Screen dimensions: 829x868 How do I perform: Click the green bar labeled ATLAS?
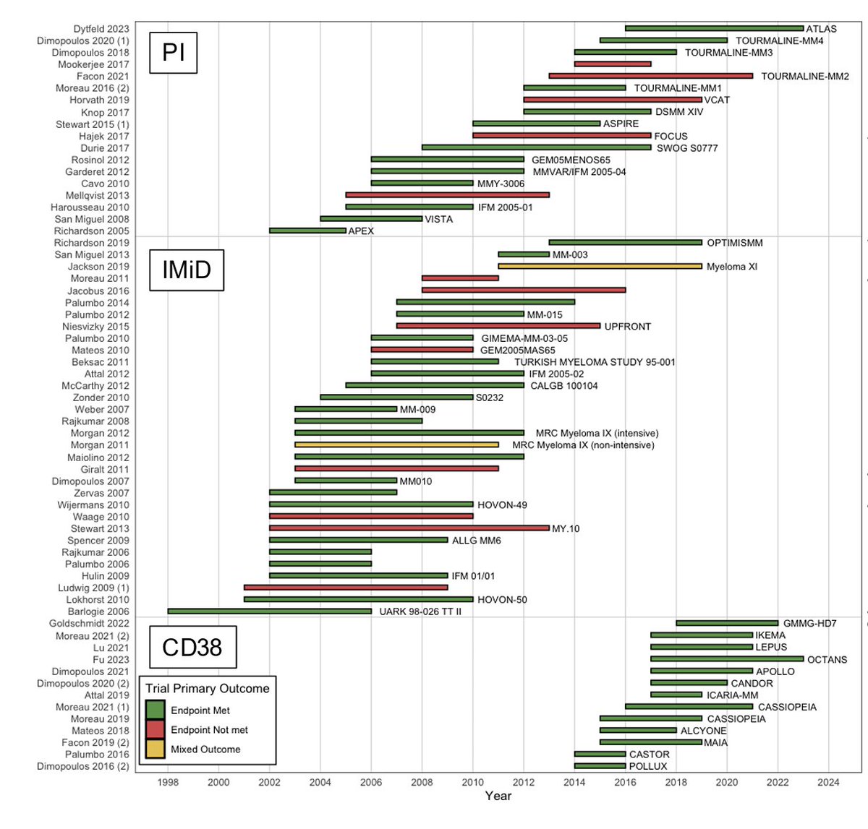pos(714,28)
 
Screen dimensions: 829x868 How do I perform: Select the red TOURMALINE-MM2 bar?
pos(650,76)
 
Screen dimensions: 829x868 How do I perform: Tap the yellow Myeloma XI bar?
pos(600,266)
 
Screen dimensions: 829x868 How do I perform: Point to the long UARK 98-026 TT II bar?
pos(269,611)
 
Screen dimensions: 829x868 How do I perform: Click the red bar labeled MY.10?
pos(409,528)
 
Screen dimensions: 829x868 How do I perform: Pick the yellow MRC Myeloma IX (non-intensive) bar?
pos(396,445)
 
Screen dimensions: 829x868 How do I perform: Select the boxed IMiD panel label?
pos(187,270)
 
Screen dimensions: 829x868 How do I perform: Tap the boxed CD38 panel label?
pos(192,647)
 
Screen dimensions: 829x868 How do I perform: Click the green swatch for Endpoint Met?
pos(155,710)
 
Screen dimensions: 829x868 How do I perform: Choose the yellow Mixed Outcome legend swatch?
pos(155,749)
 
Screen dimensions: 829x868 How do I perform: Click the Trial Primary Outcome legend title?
pos(207,688)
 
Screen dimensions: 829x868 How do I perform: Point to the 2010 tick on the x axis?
pos(473,782)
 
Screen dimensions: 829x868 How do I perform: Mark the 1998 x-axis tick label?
pos(168,782)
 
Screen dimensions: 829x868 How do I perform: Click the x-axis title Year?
pos(498,796)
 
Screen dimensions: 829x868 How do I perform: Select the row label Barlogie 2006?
pos(98,611)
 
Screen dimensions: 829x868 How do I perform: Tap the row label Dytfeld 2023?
pos(101,29)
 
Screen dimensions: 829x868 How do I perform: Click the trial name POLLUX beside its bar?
pos(647,766)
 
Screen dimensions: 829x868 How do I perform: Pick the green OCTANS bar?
pos(727,659)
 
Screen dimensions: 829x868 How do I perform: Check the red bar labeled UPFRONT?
pos(498,326)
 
